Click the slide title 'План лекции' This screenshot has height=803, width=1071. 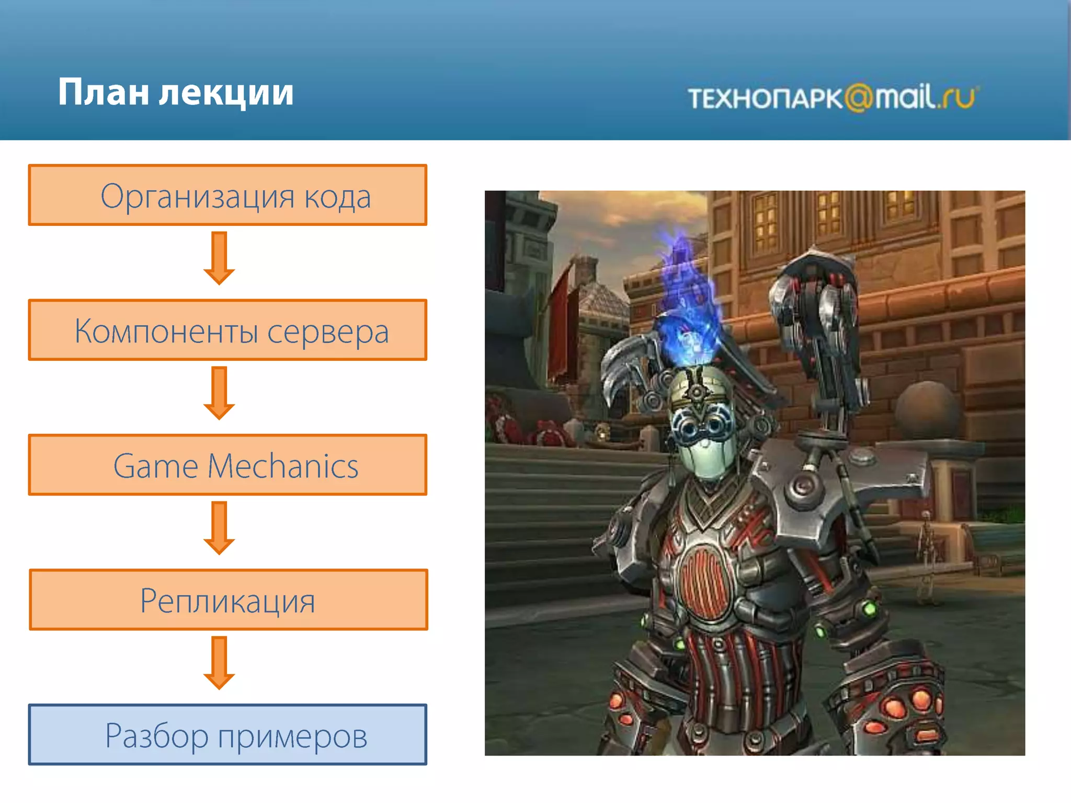(x=176, y=93)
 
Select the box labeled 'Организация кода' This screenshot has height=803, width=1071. (x=228, y=196)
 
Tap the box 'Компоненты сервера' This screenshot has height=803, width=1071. (x=228, y=330)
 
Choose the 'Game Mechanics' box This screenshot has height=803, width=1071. (x=228, y=465)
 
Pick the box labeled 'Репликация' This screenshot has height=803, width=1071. (x=228, y=600)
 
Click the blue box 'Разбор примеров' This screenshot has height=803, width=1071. (x=228, y=735)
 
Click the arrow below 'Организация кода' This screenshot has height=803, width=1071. (x=219, y=258)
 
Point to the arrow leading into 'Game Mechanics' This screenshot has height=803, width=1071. (x=219, y=393)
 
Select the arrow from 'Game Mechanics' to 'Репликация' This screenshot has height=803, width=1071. (x=219, y=527)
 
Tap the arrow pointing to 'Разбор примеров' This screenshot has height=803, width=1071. (x=219, y=662)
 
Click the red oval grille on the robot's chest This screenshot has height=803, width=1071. (x=703, y=580)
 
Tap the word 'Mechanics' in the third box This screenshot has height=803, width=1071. (x=283, y=466)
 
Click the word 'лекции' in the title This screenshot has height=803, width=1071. (x=226, y=93)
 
